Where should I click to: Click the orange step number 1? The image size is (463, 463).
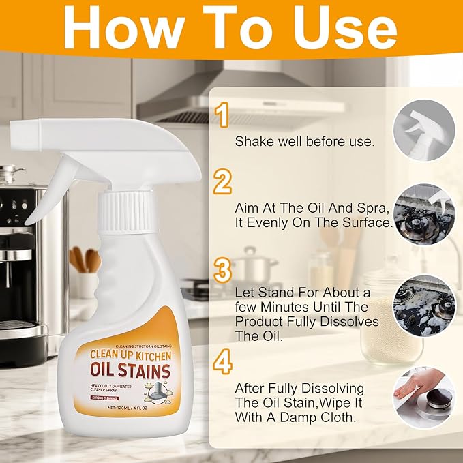coord(222,116)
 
